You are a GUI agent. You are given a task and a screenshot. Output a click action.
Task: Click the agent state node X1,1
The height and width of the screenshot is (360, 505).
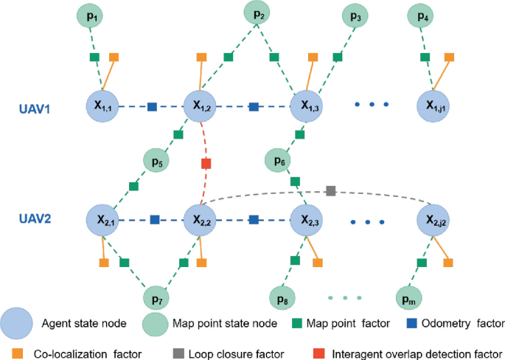(102, 107)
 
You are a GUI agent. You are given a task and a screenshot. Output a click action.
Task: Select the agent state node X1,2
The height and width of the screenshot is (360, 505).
(202, 107)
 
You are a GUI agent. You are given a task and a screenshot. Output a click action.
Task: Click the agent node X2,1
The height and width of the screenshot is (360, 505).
(102, 219)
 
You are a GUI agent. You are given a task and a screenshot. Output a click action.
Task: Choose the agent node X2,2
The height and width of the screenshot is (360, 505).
(202, 219)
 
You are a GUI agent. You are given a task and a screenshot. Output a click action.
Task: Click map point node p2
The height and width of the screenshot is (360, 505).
(257, 14)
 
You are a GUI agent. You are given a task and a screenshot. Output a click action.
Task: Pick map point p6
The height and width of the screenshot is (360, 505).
(279, 160)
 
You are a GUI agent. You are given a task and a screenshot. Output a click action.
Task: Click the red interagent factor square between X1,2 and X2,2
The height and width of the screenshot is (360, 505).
(206, 163)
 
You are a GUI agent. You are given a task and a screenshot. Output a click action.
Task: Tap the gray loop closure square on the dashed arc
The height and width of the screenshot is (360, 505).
(330, 191)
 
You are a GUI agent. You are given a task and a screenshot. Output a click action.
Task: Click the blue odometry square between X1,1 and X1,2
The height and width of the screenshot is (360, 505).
(152, 107)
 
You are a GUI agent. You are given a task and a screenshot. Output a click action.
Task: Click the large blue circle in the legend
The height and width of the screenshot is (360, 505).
(16, 322)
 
